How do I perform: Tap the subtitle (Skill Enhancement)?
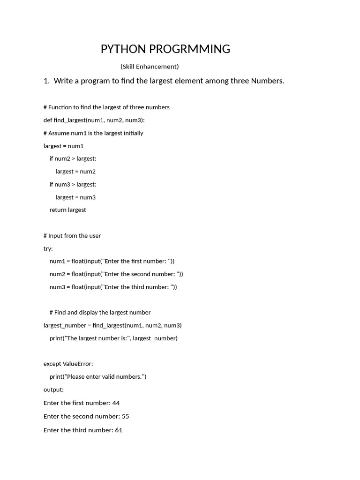(150, 67)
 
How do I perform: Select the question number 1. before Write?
(46, 81)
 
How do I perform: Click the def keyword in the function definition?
(48, 120)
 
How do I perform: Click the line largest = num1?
(63, 146)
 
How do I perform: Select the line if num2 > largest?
(73, 158)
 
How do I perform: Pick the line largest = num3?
(75, 197)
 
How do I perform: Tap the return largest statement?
(68, 210)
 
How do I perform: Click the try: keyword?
(48, 248)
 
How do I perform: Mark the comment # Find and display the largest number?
(100, 313)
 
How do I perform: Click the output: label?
(53, 390)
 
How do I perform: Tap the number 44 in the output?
(116, 403)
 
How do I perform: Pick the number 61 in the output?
(119, 430)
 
